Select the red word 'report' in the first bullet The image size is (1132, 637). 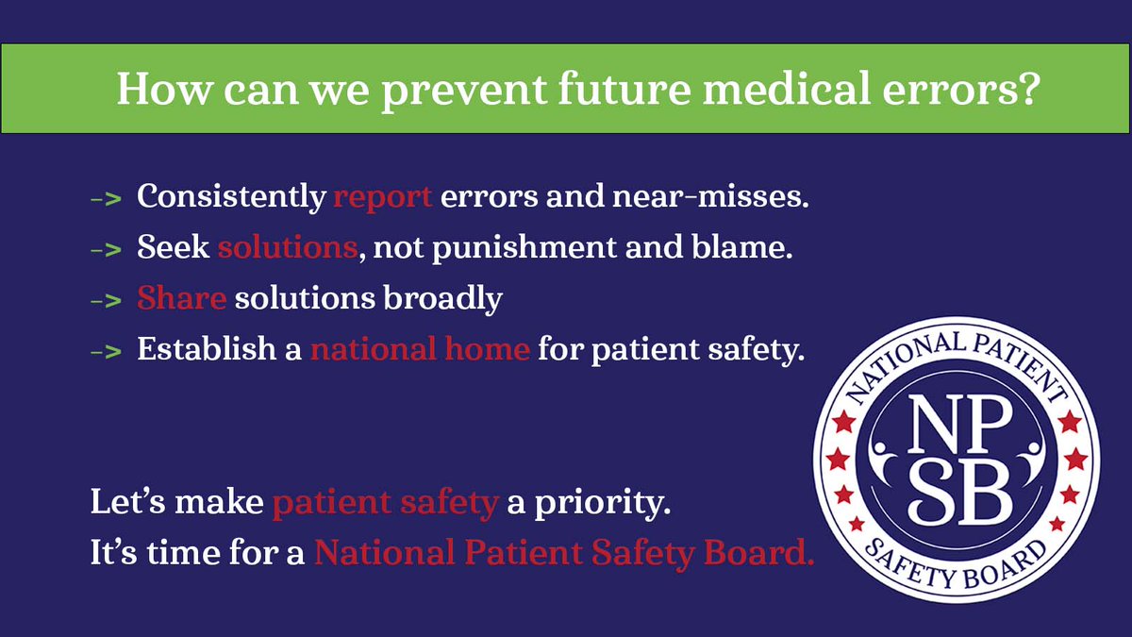[x=383, y=197]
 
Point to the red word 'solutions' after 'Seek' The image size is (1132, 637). [x=287, y=248]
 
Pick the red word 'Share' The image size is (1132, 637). [x=181, y=298]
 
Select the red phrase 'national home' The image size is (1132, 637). [x=420, y=349]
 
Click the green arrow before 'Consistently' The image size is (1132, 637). [x=106, y=199]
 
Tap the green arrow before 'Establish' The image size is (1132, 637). [x=106, y=351]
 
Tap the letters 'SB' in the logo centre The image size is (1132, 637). [x=956, y=493]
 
